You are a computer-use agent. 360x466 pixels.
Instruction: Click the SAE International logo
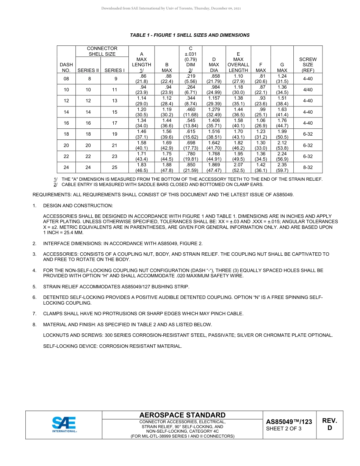(64, 425)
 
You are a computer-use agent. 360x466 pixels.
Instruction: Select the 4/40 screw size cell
(308, 90)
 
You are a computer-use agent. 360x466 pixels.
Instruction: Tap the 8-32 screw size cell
(308, 167)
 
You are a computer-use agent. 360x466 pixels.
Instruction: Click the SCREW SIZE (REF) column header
(308, 65)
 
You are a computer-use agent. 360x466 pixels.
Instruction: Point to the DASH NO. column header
(66, 67)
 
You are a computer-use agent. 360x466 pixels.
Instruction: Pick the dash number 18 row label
(66, 134)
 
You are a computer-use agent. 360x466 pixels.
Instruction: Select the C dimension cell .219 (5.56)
(190, 79)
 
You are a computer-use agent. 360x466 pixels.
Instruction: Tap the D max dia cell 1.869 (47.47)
(214, 167)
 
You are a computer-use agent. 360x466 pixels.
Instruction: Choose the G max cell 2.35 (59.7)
(282, 167)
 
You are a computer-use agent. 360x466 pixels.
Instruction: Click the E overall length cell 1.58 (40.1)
(238, 123)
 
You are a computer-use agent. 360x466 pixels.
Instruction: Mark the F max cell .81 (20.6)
(260, 79)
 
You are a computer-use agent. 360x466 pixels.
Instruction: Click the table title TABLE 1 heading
(189, 35)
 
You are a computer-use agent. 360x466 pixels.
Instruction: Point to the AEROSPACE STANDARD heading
(182, 415)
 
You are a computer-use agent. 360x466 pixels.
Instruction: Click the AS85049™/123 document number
(289, 422)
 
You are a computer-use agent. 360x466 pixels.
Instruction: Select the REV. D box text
(329, 424)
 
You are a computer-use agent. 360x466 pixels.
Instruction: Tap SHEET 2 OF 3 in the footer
(284, 429)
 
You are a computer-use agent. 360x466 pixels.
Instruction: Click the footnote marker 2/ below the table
(55, 185)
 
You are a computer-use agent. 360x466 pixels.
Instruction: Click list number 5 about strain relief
(34, 286)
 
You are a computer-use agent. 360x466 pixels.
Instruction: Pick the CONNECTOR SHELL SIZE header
(102, 51)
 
